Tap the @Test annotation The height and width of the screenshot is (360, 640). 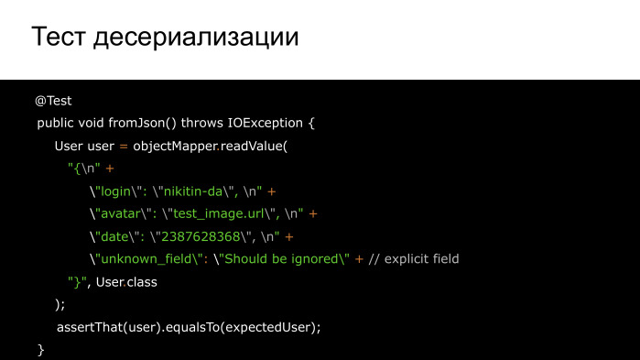[x=53, y=101]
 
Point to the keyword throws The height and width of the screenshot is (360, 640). [x=206, y=123]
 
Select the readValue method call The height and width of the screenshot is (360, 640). [x=251, y=146]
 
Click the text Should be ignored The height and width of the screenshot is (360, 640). [x=281, y=259]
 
